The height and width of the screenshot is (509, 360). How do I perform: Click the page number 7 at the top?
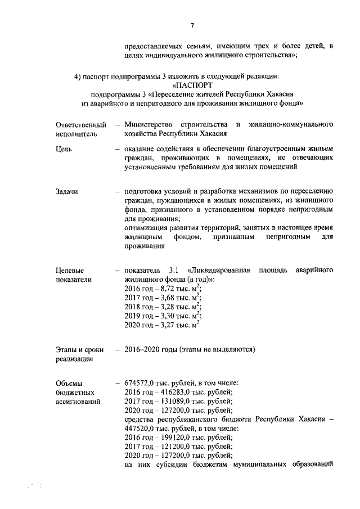click(192, 25)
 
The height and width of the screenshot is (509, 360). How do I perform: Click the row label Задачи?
click(67, 192)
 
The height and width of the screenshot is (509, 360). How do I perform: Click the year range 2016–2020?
click(143, 350)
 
